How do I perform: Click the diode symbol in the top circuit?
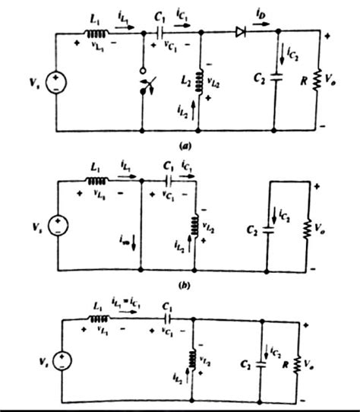(241, 32)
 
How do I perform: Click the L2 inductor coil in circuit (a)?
(199, 79)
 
